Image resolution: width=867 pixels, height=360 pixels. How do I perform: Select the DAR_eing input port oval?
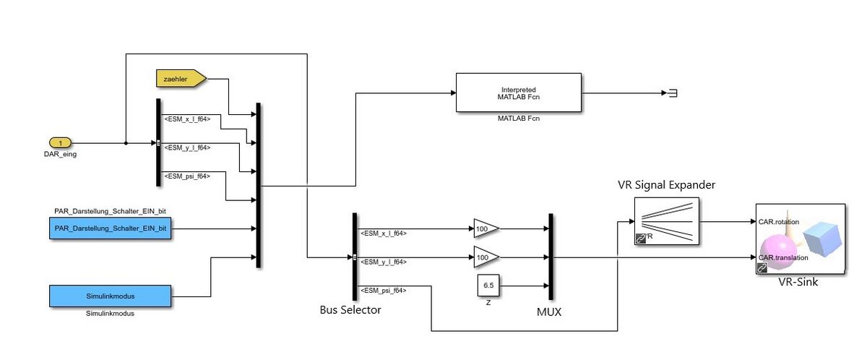[x=61, y=143]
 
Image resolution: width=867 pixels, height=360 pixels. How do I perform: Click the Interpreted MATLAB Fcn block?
[x=518, y=93]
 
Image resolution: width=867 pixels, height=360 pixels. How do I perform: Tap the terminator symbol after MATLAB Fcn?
[x=670, y=93]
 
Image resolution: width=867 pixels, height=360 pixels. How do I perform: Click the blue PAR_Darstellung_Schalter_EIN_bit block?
[x=111, y=229]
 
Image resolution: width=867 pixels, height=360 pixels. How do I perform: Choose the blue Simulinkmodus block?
[x=111, y=296]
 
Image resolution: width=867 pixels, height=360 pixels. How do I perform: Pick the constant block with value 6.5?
[x=488, y=286]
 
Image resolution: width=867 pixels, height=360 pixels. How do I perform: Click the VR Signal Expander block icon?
[x=666, y=222]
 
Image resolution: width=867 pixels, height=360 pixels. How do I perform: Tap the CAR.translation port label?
[x=782, y=257]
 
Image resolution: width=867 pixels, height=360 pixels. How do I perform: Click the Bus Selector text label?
[x=350, y=310]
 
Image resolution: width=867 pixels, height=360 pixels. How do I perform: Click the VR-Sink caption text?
[x=798, y=282]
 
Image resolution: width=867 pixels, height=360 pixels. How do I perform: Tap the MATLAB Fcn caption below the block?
[x=518, y=118]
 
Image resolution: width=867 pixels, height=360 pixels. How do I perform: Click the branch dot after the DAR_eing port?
[x=126, y=143]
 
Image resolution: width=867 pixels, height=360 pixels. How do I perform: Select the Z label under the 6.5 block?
[x=488, y=302]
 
